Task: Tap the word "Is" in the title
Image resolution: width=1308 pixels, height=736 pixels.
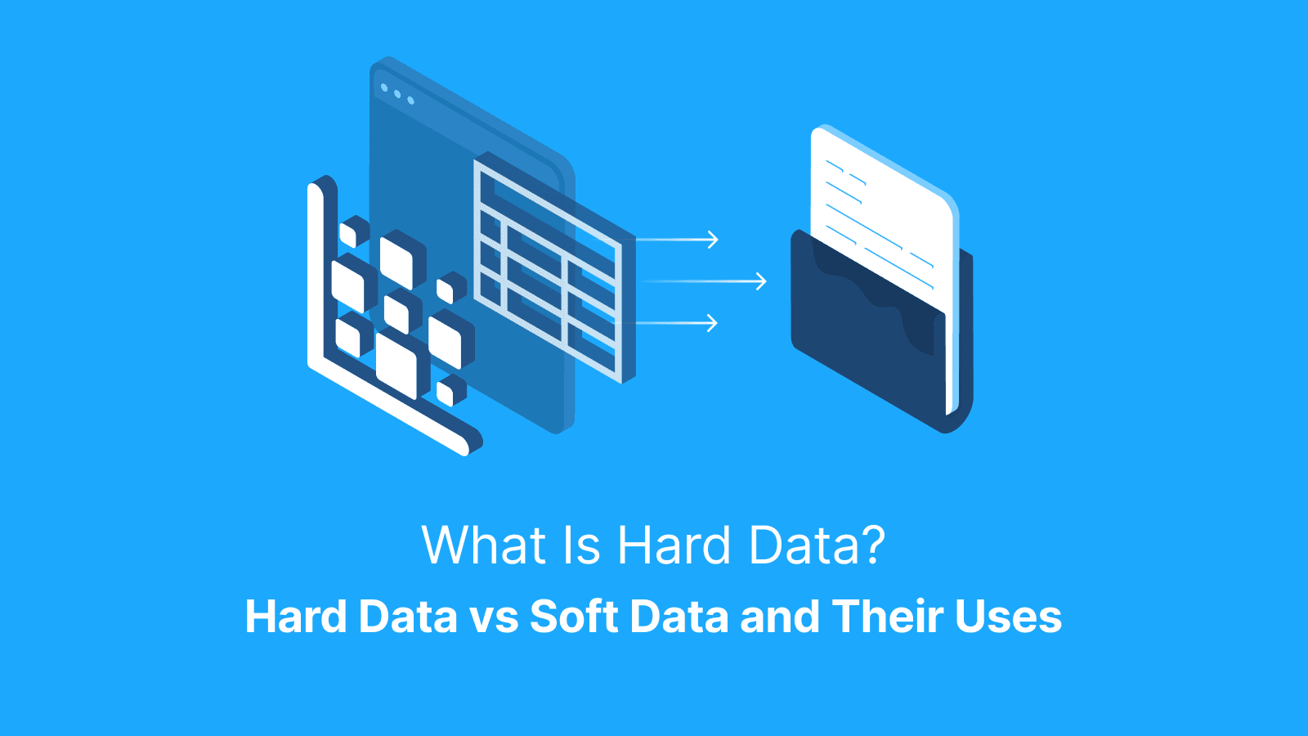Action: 581,545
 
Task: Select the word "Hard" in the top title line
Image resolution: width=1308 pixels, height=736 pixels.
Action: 674,545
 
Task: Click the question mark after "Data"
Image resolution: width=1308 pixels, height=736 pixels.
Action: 872,545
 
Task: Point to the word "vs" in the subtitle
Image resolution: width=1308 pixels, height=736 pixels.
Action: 494,617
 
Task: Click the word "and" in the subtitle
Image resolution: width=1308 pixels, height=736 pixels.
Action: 779,617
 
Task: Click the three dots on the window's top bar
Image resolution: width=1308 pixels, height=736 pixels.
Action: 397,94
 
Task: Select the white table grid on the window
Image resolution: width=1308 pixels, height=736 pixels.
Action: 548,270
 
